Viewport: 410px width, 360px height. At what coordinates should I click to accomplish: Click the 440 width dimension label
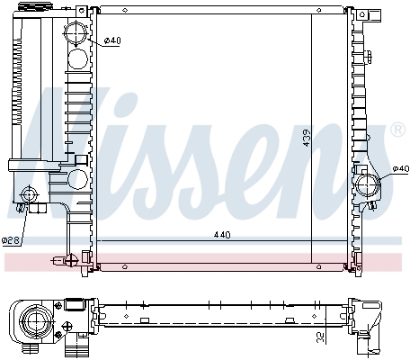[x=222, y=235]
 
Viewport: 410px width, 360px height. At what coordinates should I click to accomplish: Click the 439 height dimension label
[x=307, y=138]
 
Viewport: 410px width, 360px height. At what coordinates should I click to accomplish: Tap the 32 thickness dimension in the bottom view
[x=321, y=337]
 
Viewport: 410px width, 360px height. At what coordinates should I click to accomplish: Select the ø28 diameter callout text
[x=11, y=240]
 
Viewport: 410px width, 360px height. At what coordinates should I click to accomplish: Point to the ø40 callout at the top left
[x=112, y=40]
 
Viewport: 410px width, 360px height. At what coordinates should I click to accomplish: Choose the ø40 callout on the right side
[x=401, y=168]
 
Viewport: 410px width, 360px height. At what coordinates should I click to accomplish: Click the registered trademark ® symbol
[x=397, y=130]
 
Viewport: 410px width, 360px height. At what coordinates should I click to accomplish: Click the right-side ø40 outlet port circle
[x=368, y=185]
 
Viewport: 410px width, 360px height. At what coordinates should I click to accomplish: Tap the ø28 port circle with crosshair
[x=29, y=195]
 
